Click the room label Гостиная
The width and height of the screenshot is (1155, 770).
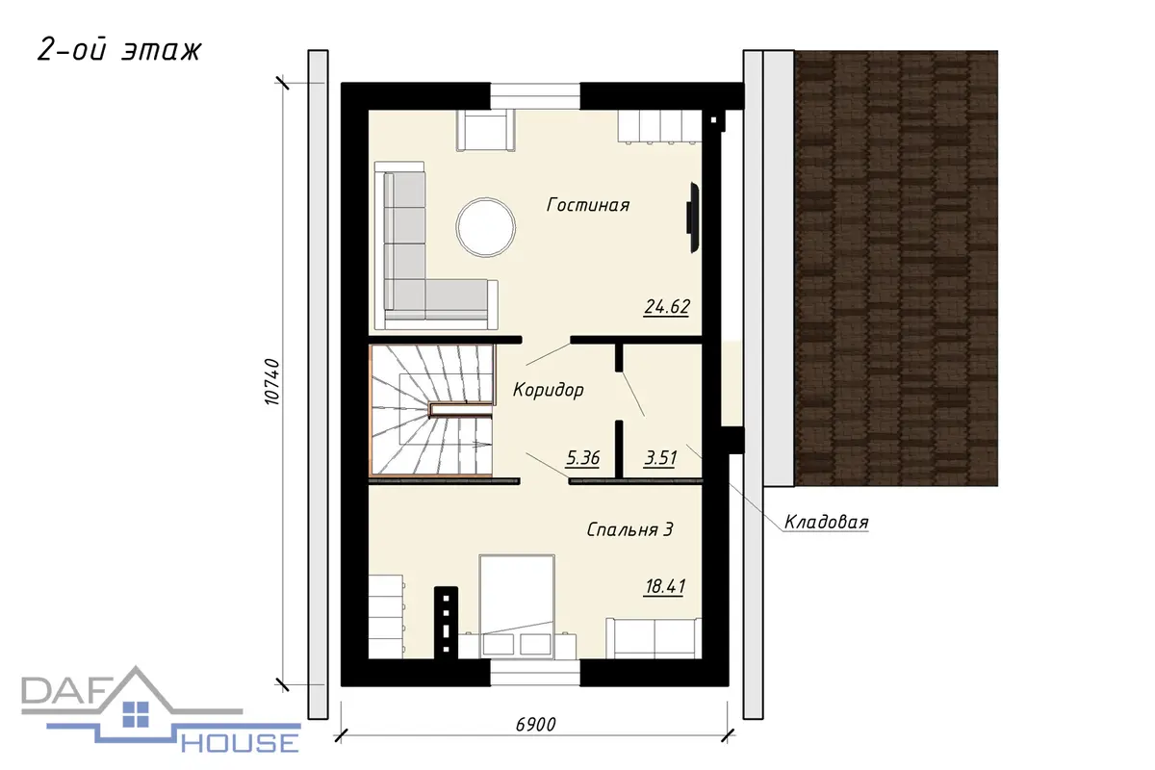[x=588, y=205]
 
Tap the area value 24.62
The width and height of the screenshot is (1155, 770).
[x=667, y=307]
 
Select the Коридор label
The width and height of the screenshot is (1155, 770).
[x=548, y=390]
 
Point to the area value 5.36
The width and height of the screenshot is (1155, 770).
[x=582, y=457]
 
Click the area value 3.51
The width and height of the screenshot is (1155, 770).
[x=660, y=457]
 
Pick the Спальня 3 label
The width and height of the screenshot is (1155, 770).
[x=629, y=529]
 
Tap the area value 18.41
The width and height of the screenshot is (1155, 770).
[x=665, y=587]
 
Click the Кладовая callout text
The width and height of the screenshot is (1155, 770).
[x=826, y=523]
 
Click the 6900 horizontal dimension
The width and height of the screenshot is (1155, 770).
[x=536, y=725]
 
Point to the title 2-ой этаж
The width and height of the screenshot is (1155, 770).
[x=119, y=52]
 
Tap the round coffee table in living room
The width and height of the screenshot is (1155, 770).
[x=486, y=227]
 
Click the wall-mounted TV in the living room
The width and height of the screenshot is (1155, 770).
[x=692, y=218]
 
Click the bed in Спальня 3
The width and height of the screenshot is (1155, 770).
[x=517, y=606]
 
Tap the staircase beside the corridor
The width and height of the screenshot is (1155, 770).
[x=431, y=409]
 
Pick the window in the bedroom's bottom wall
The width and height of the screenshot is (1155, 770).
[x=535, y=673]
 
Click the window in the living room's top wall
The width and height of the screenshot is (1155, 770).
[x=535, y=96]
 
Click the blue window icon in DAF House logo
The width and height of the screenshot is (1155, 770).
[x=136, y=714]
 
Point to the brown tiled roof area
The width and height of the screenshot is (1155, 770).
[x=896, y=269]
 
